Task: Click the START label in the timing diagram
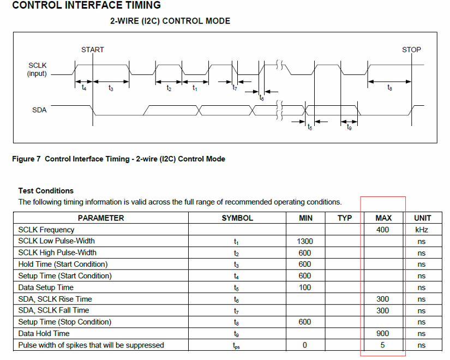[92, 50]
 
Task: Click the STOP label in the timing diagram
[411, 50]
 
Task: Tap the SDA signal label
[39, 110]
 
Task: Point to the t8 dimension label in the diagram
[389, 88]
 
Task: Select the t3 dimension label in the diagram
[111, 88]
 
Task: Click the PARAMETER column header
[101, 218]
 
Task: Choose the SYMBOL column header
[237, 218]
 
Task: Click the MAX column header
[383, 218]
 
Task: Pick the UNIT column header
[422, 218]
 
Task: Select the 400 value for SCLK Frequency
[383, 230]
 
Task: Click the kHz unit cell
[422, 230]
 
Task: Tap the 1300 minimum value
[305, 241]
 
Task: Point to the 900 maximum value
[383, 333]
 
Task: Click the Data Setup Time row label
[46, 287]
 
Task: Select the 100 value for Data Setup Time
[305, 287]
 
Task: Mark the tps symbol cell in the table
[237, 345]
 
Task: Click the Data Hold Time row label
[44, 333]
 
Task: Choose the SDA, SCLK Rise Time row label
[55, 299]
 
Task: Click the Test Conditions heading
[46, 191]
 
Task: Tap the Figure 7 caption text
[118, 159]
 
